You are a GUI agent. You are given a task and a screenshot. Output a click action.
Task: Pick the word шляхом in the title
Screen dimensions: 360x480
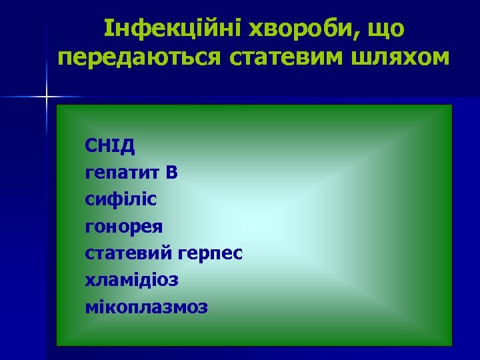[x=401, y=58]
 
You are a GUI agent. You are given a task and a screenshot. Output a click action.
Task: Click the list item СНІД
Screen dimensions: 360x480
[x=110, y=145]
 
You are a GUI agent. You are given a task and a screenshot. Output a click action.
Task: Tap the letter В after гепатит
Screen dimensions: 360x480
[x=172, y=172]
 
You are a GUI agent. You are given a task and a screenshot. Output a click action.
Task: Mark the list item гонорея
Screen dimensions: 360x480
[x=124, y=226]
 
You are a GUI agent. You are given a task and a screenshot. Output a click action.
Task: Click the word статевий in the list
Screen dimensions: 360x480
[x=128, y=253]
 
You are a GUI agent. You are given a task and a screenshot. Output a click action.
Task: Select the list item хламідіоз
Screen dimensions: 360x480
[x=131, y=280]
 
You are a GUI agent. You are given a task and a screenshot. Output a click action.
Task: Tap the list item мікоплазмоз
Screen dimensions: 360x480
[x=147, y=307]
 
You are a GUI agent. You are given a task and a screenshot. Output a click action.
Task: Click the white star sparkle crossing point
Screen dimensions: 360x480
[x=47, y=98]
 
